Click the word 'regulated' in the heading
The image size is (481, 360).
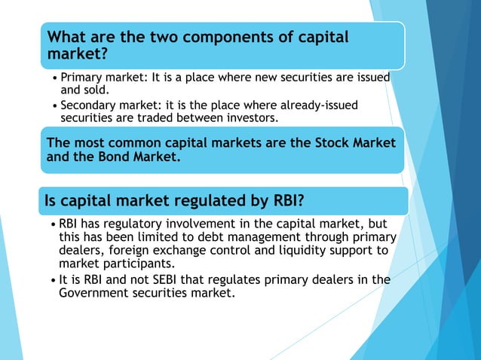pos(203,201)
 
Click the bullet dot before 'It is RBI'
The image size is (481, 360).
pos(52,280)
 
